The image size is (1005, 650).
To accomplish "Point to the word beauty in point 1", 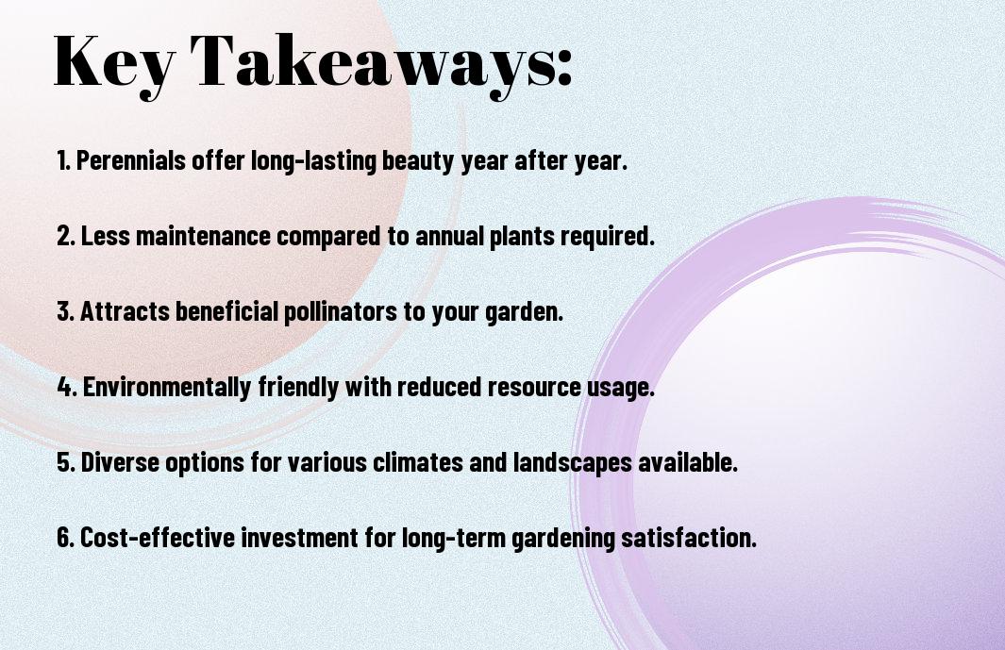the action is click(x=419, y=161).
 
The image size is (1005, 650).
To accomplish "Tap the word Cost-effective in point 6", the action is click(x=158, y=538).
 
